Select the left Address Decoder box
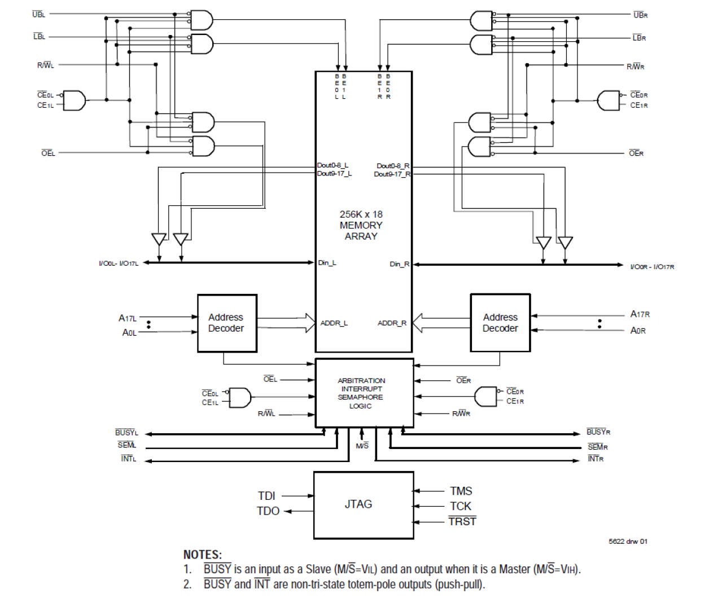click(227, 323)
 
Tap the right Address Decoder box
click(500, 323)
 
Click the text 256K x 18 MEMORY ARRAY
click(361, 225)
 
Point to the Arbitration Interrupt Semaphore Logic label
click(361, 393)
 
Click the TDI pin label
click(266, 496)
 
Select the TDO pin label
click(268, 511)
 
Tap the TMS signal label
click(461, 491)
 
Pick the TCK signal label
click(461, 506)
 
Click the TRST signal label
click(462, 522)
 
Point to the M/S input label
click(362, 446)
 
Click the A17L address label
click(128, 318)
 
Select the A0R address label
click(638, 331)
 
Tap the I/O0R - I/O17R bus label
click(652, 267)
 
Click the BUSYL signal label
click(126, 433)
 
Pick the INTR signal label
click(596, 459)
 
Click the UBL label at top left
click(39, 14)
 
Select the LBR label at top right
click(640, 38)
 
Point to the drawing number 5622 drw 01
click(628, 542)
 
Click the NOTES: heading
click(203, 555)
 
